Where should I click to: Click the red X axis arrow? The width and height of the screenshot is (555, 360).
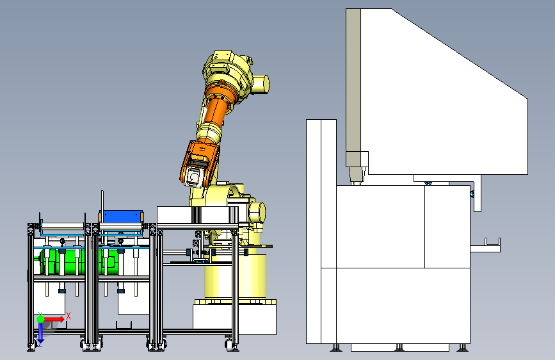pyautogui.click(x=54, y=319)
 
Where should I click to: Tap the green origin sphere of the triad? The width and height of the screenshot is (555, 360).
pyautogui.click(x=40, y=319)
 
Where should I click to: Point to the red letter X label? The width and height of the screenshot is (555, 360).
pyautogui.click(x=68, y=316)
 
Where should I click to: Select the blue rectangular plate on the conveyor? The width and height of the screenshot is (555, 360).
pyautogui.click(x=121, y=217)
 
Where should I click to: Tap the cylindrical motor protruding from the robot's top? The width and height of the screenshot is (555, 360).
pyautogui.click(x=261, y=85)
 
